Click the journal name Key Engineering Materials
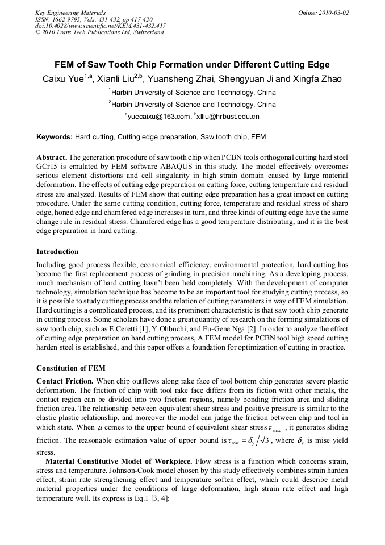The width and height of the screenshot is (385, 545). [70, 13]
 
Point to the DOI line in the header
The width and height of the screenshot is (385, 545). [101, 26]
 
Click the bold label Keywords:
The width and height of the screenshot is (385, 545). [55, 137]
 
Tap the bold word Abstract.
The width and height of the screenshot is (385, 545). [52, 157]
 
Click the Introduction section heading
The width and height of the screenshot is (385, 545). [57, 251]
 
